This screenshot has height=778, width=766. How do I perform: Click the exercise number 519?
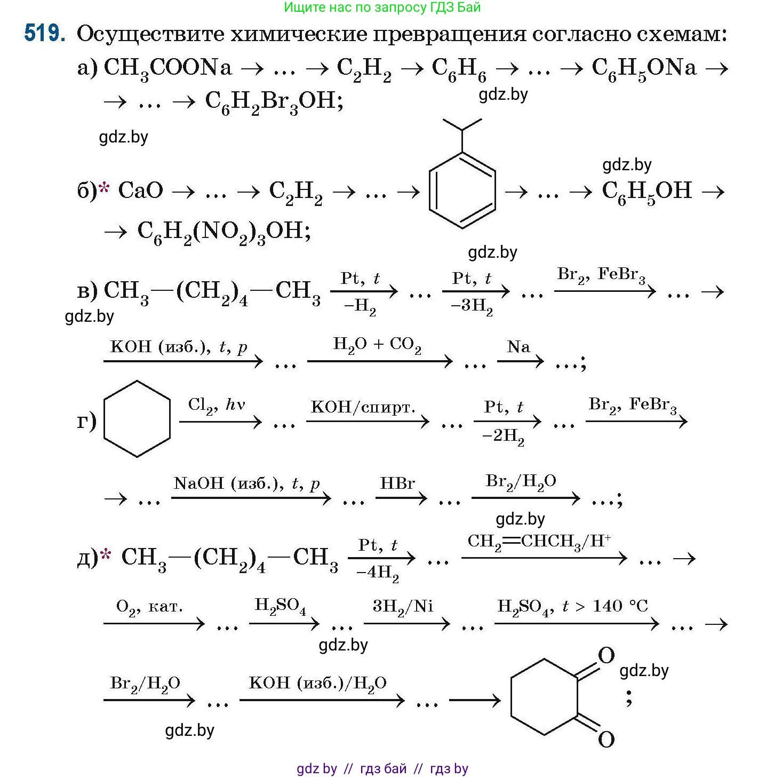[45, 33]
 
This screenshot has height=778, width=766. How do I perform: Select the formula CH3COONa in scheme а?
[168, 68]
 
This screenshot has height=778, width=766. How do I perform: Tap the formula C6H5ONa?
[644, 68]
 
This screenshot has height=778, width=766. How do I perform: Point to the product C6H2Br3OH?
[274, 101]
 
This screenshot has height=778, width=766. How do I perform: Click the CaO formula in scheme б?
[140, 190]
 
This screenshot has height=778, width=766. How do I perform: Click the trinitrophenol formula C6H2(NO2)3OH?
[224, 232]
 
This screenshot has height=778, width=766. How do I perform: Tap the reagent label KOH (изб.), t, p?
[179, 347]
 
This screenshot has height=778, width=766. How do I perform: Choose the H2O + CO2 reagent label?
[377, 345]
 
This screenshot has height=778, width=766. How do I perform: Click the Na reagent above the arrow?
[518, 347]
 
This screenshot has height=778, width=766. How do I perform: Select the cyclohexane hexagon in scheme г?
[137, 419]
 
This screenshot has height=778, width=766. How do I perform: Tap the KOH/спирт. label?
[363, 407]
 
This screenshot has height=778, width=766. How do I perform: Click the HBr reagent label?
[397, 483]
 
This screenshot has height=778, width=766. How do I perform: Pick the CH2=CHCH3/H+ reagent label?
[539, 541]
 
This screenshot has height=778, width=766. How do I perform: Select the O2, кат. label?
[149, 607]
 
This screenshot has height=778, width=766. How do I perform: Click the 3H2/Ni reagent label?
[403, 607]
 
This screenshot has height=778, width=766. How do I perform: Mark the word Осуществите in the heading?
[149, 34]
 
